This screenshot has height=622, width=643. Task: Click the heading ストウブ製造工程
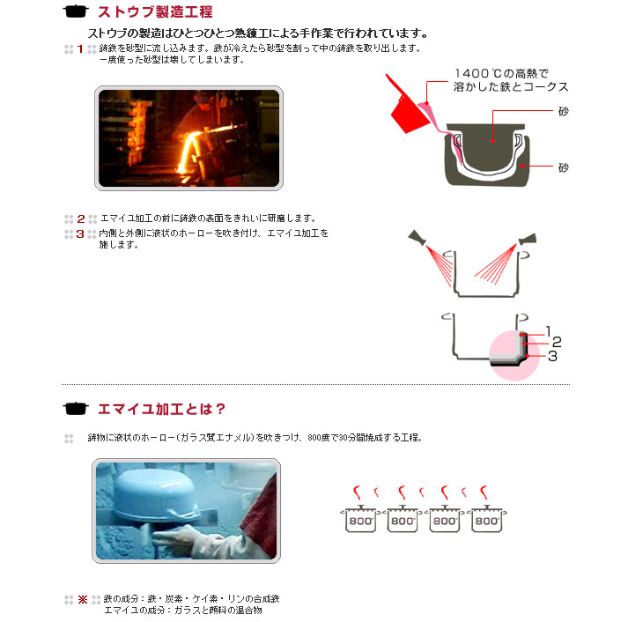(x=155, y=11)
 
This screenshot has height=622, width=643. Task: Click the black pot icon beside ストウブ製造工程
(x=76, y=11)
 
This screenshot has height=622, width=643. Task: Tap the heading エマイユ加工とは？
(x=161, y=409)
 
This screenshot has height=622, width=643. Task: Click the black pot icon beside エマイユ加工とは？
(x=76, y=409)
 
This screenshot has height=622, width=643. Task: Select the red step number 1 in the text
(x=80, y=49)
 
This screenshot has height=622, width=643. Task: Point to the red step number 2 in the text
(x=81, y=219)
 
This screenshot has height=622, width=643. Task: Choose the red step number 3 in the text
(x=80, y=234)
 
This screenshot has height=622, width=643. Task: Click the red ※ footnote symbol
(x=83, y=600)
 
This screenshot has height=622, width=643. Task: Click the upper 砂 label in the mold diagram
(x=564, y=111)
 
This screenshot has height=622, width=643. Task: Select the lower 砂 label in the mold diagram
(x=564, y=167)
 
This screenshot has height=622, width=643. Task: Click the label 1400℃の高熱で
(x=501, y=74)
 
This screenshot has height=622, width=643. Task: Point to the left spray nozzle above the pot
(x=418, y=237)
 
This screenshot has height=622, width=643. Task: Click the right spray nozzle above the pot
(x=528, y=239)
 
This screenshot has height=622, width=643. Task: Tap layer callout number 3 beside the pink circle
(x=552, y=356)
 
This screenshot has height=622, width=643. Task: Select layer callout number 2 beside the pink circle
(x=557, y=342)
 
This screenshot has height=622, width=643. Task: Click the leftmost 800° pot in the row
(x=360, y=519)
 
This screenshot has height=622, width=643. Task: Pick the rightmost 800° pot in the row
(x=487, y=519)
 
